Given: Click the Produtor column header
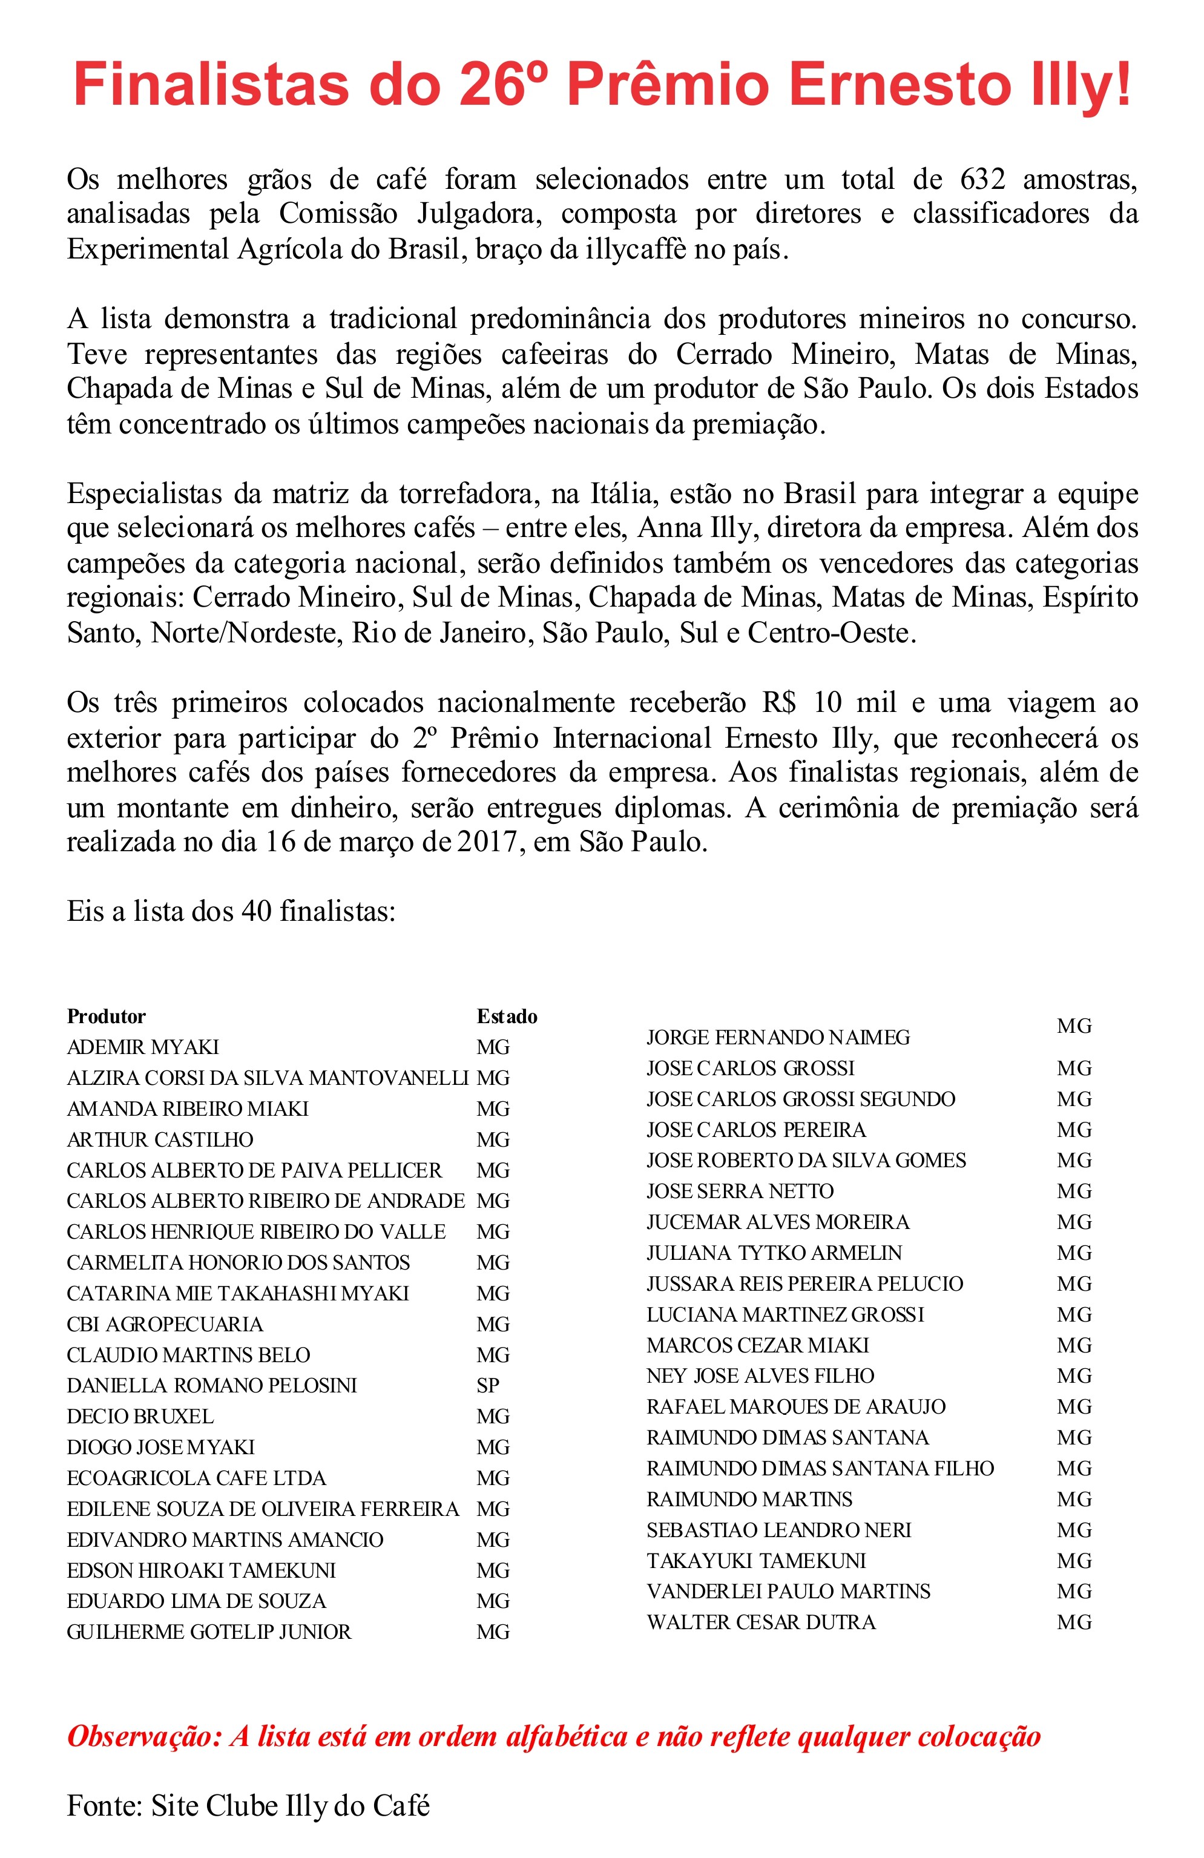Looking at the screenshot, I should point(106,1016).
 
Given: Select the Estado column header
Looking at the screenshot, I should point(507,1016).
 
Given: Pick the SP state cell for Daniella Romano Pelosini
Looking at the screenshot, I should point(488,1386).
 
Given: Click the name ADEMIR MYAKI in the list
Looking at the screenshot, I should point(143,1047).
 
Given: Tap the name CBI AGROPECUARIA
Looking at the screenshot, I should point(165,1324).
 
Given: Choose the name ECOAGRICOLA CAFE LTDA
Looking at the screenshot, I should point(196,1478).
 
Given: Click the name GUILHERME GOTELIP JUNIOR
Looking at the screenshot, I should point(209,1632).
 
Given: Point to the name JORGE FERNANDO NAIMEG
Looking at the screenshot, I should point(778,1038).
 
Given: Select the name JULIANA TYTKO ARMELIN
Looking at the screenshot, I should point(774,1253).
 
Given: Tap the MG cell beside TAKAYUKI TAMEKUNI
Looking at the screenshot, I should point(1074,1561).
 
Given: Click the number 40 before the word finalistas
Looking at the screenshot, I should point(256,912).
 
